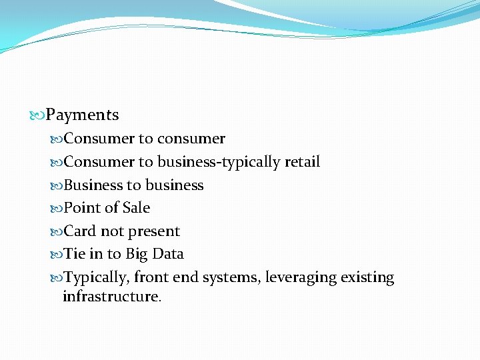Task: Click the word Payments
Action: tap(82, 115)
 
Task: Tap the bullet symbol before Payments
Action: tap(37, 115)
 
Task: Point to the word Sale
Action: tap(136, 208)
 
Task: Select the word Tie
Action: tap(74, 254)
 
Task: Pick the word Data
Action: tap(168, 254)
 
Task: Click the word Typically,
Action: tap(97, 277)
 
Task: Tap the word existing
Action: tap(369, 277)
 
